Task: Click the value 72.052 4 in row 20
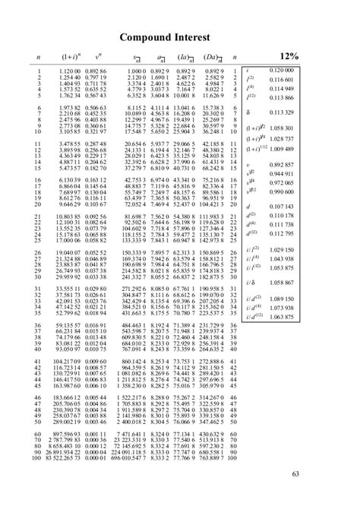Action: pos(131,204)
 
